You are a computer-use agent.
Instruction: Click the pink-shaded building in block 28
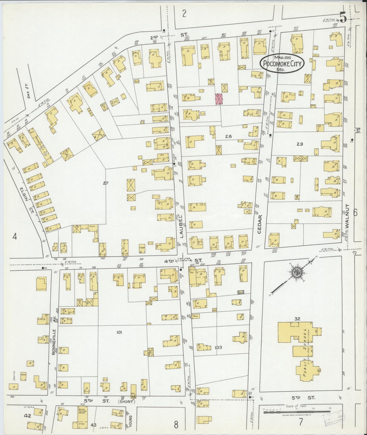tap(219, 99)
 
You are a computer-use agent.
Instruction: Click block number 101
tap(119, 332)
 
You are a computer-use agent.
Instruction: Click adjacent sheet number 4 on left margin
tap(15, 237)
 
